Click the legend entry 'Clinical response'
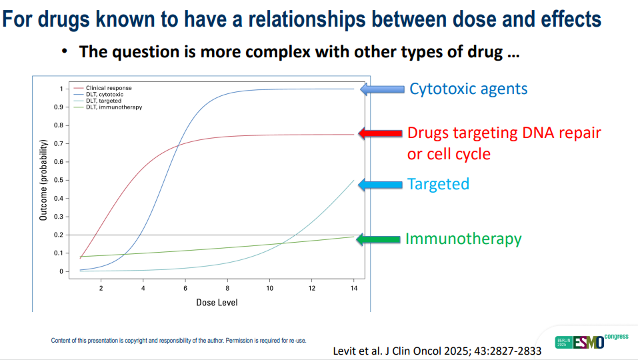point(109,88)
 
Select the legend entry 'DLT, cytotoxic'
point(105,95)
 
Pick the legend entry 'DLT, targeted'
point(104,101)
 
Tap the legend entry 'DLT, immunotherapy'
point(113,107)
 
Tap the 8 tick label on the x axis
point(228,288)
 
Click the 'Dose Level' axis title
point(217,303)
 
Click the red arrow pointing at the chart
point(381,133)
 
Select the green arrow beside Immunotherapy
point(378,239)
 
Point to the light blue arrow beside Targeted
point(380,184)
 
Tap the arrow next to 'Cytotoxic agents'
point(382,89)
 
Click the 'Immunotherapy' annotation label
point(463,239)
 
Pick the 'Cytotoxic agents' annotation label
point(468,89)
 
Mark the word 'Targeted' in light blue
point(438,184)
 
